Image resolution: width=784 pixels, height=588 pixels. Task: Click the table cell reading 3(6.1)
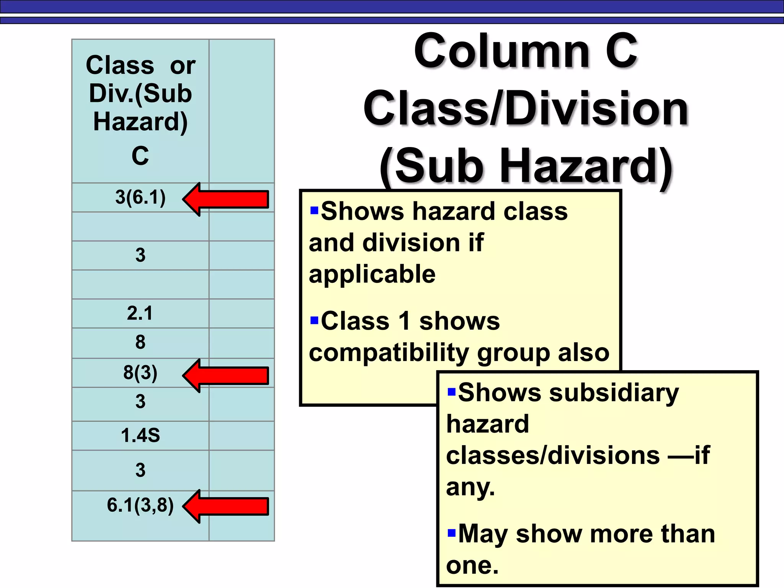(x=140, y=198)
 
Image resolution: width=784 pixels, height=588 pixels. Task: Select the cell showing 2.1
(x=140, y=313)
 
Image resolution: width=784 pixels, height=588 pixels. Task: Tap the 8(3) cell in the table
(x=140, y=372)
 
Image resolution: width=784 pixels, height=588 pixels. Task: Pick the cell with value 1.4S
(x=140, y=436)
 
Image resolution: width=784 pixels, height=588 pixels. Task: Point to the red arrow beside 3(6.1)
(x=225, y=199)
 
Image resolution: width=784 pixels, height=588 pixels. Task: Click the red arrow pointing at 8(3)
(x=225, y=376)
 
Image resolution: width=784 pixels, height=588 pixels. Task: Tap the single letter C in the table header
(x=140, y=156)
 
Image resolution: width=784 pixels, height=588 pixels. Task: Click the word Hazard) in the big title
(x=586, y=167)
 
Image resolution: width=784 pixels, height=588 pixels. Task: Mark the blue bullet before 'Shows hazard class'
(x=314, y=211)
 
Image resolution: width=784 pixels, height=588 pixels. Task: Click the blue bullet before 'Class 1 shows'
(x=314, y=320)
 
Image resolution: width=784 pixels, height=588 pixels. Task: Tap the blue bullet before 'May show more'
(x=452, y=533)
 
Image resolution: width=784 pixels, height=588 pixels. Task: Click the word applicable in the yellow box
(x=372, y=274)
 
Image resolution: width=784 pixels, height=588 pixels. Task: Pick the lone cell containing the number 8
(x=140, y=342)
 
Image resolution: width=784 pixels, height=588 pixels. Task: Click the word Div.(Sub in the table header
(x=140, y=94)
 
